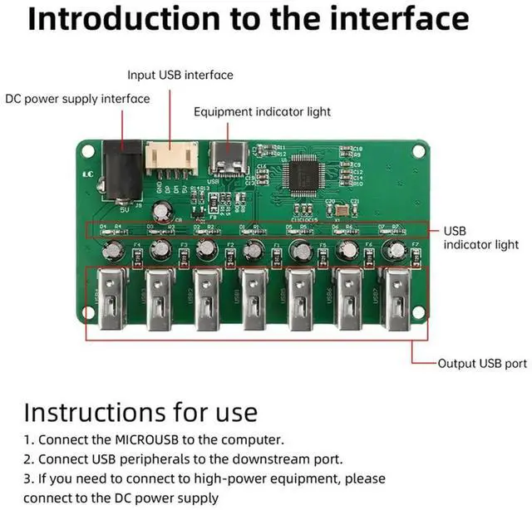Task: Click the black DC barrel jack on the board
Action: pyautogui.click(x=118, y=169)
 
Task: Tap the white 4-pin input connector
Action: pyautogui.click(x=171, y=156)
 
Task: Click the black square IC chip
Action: pyautogui.click(x=300, y=174)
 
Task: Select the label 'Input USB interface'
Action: pyautogui.click(x=180, y=75)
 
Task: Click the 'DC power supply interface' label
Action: pyautogui.click(x=77, y=99)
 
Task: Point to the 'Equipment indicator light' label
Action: pyautogui.click(x=262, y=111)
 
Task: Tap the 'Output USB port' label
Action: pyautogui.click(x=481, y=363)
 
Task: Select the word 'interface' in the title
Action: pyautogui.click(x=413, y=19)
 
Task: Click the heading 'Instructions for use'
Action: pyautogui.click(x=140, y=412)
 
